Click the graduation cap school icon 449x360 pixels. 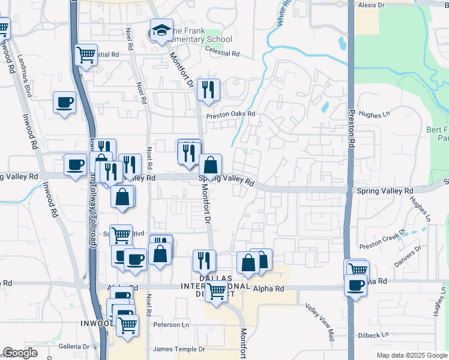click(160, 31)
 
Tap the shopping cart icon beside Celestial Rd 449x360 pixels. click(86, 55)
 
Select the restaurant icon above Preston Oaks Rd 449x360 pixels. click(208, 90)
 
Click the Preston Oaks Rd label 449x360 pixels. click(231, 114)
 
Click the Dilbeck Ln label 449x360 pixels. click(372, 334)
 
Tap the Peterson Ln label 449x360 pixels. click(171, 325)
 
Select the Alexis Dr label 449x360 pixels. click(371, 5)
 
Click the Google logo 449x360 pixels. click(20, 353)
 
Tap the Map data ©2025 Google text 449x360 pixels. click(411, 355)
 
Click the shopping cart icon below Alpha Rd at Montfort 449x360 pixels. click(216, 292)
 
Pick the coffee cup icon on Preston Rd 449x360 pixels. click(356, 285)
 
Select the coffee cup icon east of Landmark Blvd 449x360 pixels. click(64, 102)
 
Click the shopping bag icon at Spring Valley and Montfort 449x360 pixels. click(211, 165)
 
